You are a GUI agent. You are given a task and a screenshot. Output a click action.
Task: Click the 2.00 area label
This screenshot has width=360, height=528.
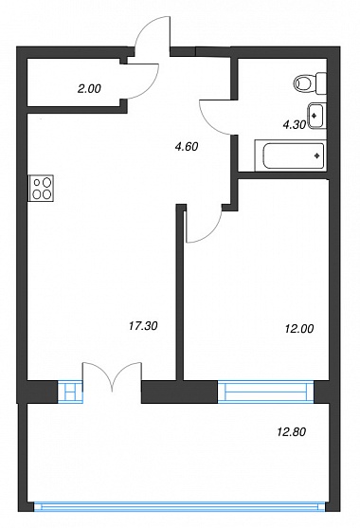89,89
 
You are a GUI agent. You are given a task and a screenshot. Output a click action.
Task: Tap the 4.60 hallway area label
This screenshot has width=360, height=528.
187,147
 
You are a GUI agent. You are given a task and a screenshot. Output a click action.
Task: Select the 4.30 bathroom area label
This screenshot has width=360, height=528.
295,125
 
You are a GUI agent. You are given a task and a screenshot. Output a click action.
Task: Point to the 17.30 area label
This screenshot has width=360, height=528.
143,326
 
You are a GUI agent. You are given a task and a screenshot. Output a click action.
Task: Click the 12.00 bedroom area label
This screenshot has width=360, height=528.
299,328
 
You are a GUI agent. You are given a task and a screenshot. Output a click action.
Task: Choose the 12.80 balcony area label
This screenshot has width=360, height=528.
292,431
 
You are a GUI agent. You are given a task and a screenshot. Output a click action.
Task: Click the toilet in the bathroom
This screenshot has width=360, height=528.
310,82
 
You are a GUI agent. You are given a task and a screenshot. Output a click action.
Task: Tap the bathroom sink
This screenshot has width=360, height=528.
317,116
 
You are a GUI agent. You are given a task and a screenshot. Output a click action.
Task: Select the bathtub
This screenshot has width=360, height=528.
291,155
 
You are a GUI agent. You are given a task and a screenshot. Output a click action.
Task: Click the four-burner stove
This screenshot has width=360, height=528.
41,189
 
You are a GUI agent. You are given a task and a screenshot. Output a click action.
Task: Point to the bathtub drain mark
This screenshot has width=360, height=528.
316,155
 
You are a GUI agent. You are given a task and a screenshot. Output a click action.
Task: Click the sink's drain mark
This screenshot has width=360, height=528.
315,116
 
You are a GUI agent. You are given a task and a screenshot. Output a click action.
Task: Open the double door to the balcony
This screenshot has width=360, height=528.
112,377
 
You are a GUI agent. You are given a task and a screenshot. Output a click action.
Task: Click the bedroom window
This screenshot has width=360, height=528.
266,391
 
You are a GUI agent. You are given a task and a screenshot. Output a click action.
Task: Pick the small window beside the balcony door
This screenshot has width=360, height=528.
70,391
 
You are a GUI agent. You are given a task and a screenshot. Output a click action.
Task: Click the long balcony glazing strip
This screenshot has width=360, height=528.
180,506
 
